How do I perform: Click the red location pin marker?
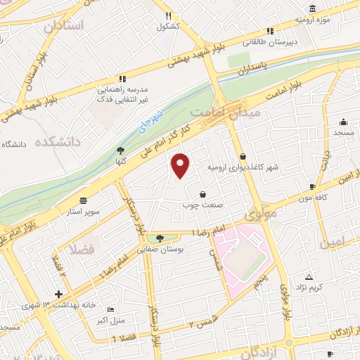(x=181, y=165)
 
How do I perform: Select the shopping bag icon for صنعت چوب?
(x=203, y=194)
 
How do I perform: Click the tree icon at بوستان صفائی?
(x=160, y=238)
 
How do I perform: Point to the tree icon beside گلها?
(x=120, y=150)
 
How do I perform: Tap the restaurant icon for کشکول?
(x=168, y=15)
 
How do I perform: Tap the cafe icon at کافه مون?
(x=312, y=187)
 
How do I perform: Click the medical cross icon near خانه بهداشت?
(x=59, y=295)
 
